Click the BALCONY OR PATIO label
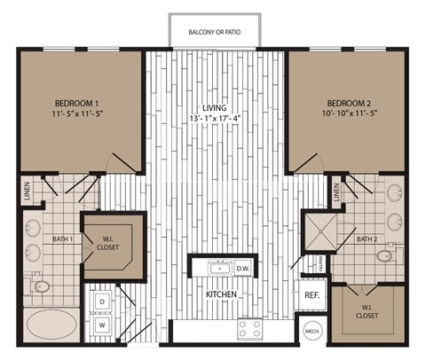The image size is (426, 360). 214,33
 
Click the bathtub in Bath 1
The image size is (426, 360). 51,323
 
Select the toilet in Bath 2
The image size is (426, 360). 384,256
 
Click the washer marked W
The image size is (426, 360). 103,325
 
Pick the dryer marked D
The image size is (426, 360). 103,302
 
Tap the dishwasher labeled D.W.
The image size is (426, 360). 243,268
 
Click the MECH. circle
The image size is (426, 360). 312,331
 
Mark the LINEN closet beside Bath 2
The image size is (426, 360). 337,190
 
